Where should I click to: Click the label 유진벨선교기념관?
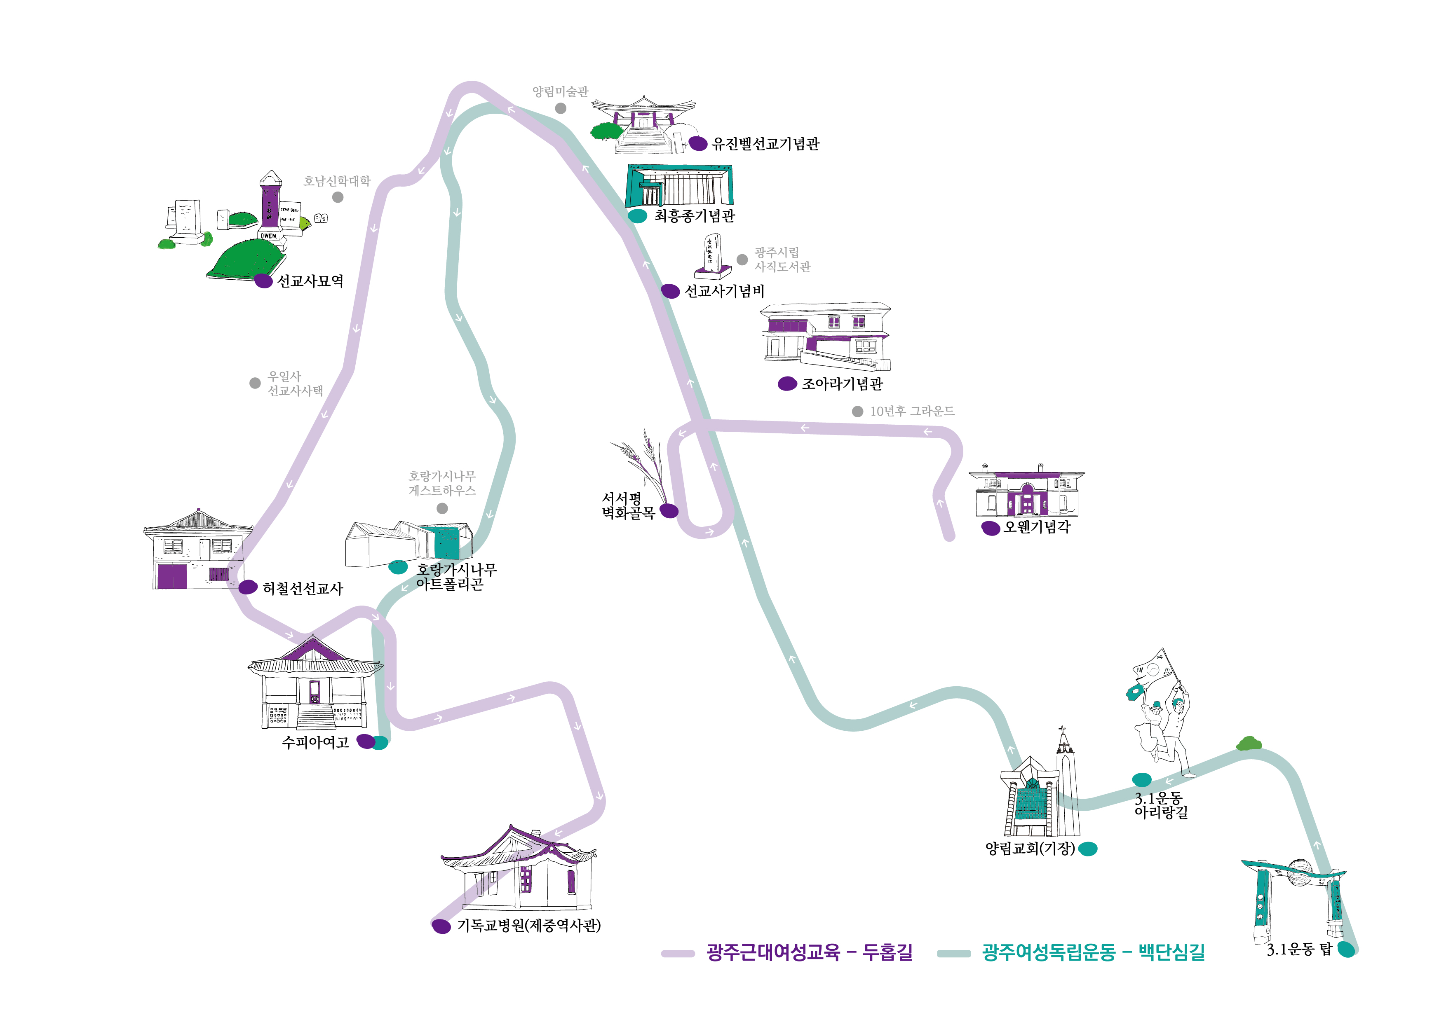765,144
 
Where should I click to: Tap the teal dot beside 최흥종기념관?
637,216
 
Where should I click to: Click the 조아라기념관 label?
842,384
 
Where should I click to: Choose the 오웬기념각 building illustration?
1026,494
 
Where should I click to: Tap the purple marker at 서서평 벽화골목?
669,510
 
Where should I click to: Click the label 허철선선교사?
303,588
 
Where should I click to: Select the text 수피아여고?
315,743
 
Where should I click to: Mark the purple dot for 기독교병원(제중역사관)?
441,926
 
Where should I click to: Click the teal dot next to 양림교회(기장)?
1088,849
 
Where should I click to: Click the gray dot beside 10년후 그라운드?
857,412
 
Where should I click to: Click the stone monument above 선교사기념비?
713,255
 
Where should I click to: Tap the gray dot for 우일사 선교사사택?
255,383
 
